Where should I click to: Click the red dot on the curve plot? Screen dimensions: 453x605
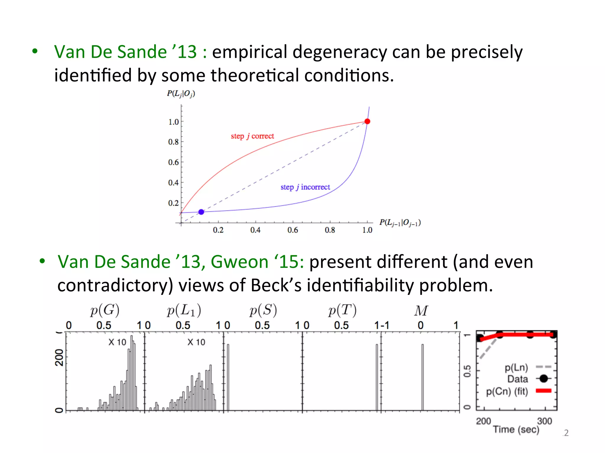coord(367,122)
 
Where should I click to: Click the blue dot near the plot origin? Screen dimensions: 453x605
coord(201,212)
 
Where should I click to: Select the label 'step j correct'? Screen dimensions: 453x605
coord(252,136)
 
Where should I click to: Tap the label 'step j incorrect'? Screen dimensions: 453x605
coord(305,187)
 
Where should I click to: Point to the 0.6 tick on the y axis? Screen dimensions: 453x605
coord(174,162)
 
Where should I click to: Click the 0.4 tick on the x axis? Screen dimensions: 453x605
coord(255,230)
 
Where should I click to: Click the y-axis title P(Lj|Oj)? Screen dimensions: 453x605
coord(181,94)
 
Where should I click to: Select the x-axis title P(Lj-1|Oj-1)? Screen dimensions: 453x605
coord(400,223)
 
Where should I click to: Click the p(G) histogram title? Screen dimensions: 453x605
coord(105,310)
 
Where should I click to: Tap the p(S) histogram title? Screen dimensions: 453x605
coord(263,310)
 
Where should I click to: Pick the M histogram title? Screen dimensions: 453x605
coord(421,311)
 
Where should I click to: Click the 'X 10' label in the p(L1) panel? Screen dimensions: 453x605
coord(196,342)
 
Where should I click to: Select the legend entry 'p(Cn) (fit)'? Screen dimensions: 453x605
coord(507,391)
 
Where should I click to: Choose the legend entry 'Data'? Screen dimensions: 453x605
coord(518,379)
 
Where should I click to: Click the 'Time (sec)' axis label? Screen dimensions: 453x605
coord(516,429)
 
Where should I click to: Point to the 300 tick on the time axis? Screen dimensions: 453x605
coord(544,421)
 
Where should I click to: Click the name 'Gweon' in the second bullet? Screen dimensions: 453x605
coord(239,262)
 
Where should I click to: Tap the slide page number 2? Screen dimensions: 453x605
coord(566,433)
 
